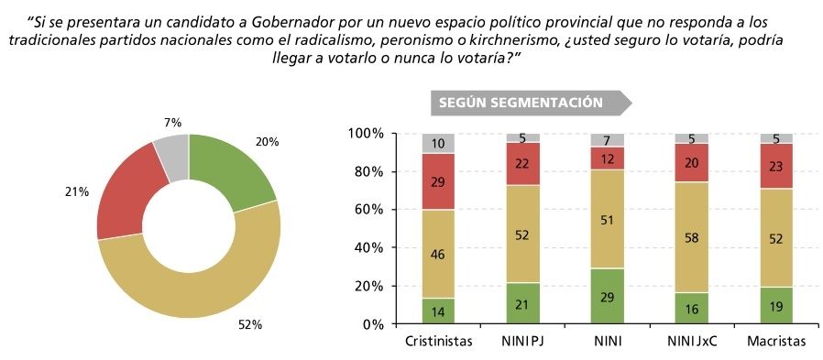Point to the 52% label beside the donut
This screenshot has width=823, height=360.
(x=250, y=326)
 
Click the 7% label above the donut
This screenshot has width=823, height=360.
(x=172, y=123)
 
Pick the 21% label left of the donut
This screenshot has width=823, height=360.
(x=77, y=192)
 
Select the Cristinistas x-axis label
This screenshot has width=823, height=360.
(x=439, y=342)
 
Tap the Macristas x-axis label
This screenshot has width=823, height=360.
(x=776, y=342)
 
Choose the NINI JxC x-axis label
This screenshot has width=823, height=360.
(x=692, y=342)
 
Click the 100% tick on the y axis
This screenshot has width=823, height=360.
(x=363, y=134)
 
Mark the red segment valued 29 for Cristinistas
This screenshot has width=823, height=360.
(x=438, y=181)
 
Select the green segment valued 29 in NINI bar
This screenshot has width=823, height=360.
(x=608, y=297)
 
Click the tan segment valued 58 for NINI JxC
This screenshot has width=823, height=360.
(x=692, y=237)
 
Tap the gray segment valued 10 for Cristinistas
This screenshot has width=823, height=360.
(x=438, y=144)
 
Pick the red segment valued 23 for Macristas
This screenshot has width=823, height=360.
(x=777, y=167)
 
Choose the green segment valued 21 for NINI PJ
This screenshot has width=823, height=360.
(x=522, y=304)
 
